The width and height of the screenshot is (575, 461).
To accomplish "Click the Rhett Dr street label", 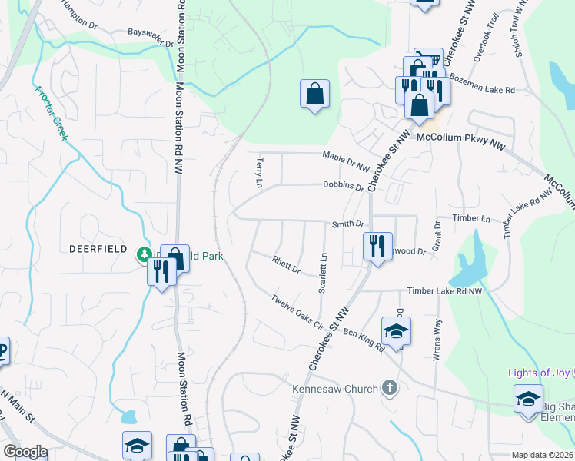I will click(285, 265).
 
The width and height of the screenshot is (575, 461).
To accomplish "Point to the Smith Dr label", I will click(347, 224).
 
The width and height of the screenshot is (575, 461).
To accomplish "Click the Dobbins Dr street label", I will click(343, 185).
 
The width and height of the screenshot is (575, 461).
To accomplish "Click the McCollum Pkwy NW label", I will click(460, 138).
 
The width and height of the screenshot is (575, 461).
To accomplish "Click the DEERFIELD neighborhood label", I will click(97, 249).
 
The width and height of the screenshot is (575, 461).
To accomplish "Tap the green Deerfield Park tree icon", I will click(143, 254).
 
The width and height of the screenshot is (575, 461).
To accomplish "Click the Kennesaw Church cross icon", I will click(390, 388).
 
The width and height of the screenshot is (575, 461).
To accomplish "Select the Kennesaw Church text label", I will click(335, 389).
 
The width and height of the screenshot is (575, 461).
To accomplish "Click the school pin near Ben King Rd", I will click(397, 331).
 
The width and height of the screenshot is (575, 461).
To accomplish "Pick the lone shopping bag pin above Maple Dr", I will click(314, 95).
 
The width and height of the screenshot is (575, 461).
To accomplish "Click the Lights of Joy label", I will click(539, 373).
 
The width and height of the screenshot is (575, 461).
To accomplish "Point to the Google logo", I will click(25, 452).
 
